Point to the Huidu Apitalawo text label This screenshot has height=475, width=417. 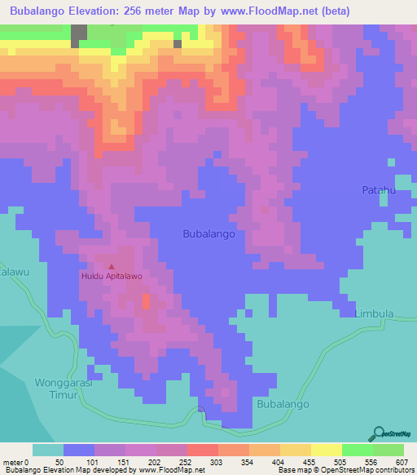coord(112,277)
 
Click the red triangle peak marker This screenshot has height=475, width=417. coord(112,266)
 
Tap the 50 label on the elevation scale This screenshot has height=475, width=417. coord(59,461)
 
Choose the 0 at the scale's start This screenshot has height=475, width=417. coord(26,461)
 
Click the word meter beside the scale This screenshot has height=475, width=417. coord(11,461)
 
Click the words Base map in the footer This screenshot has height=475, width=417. coord(292,470)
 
